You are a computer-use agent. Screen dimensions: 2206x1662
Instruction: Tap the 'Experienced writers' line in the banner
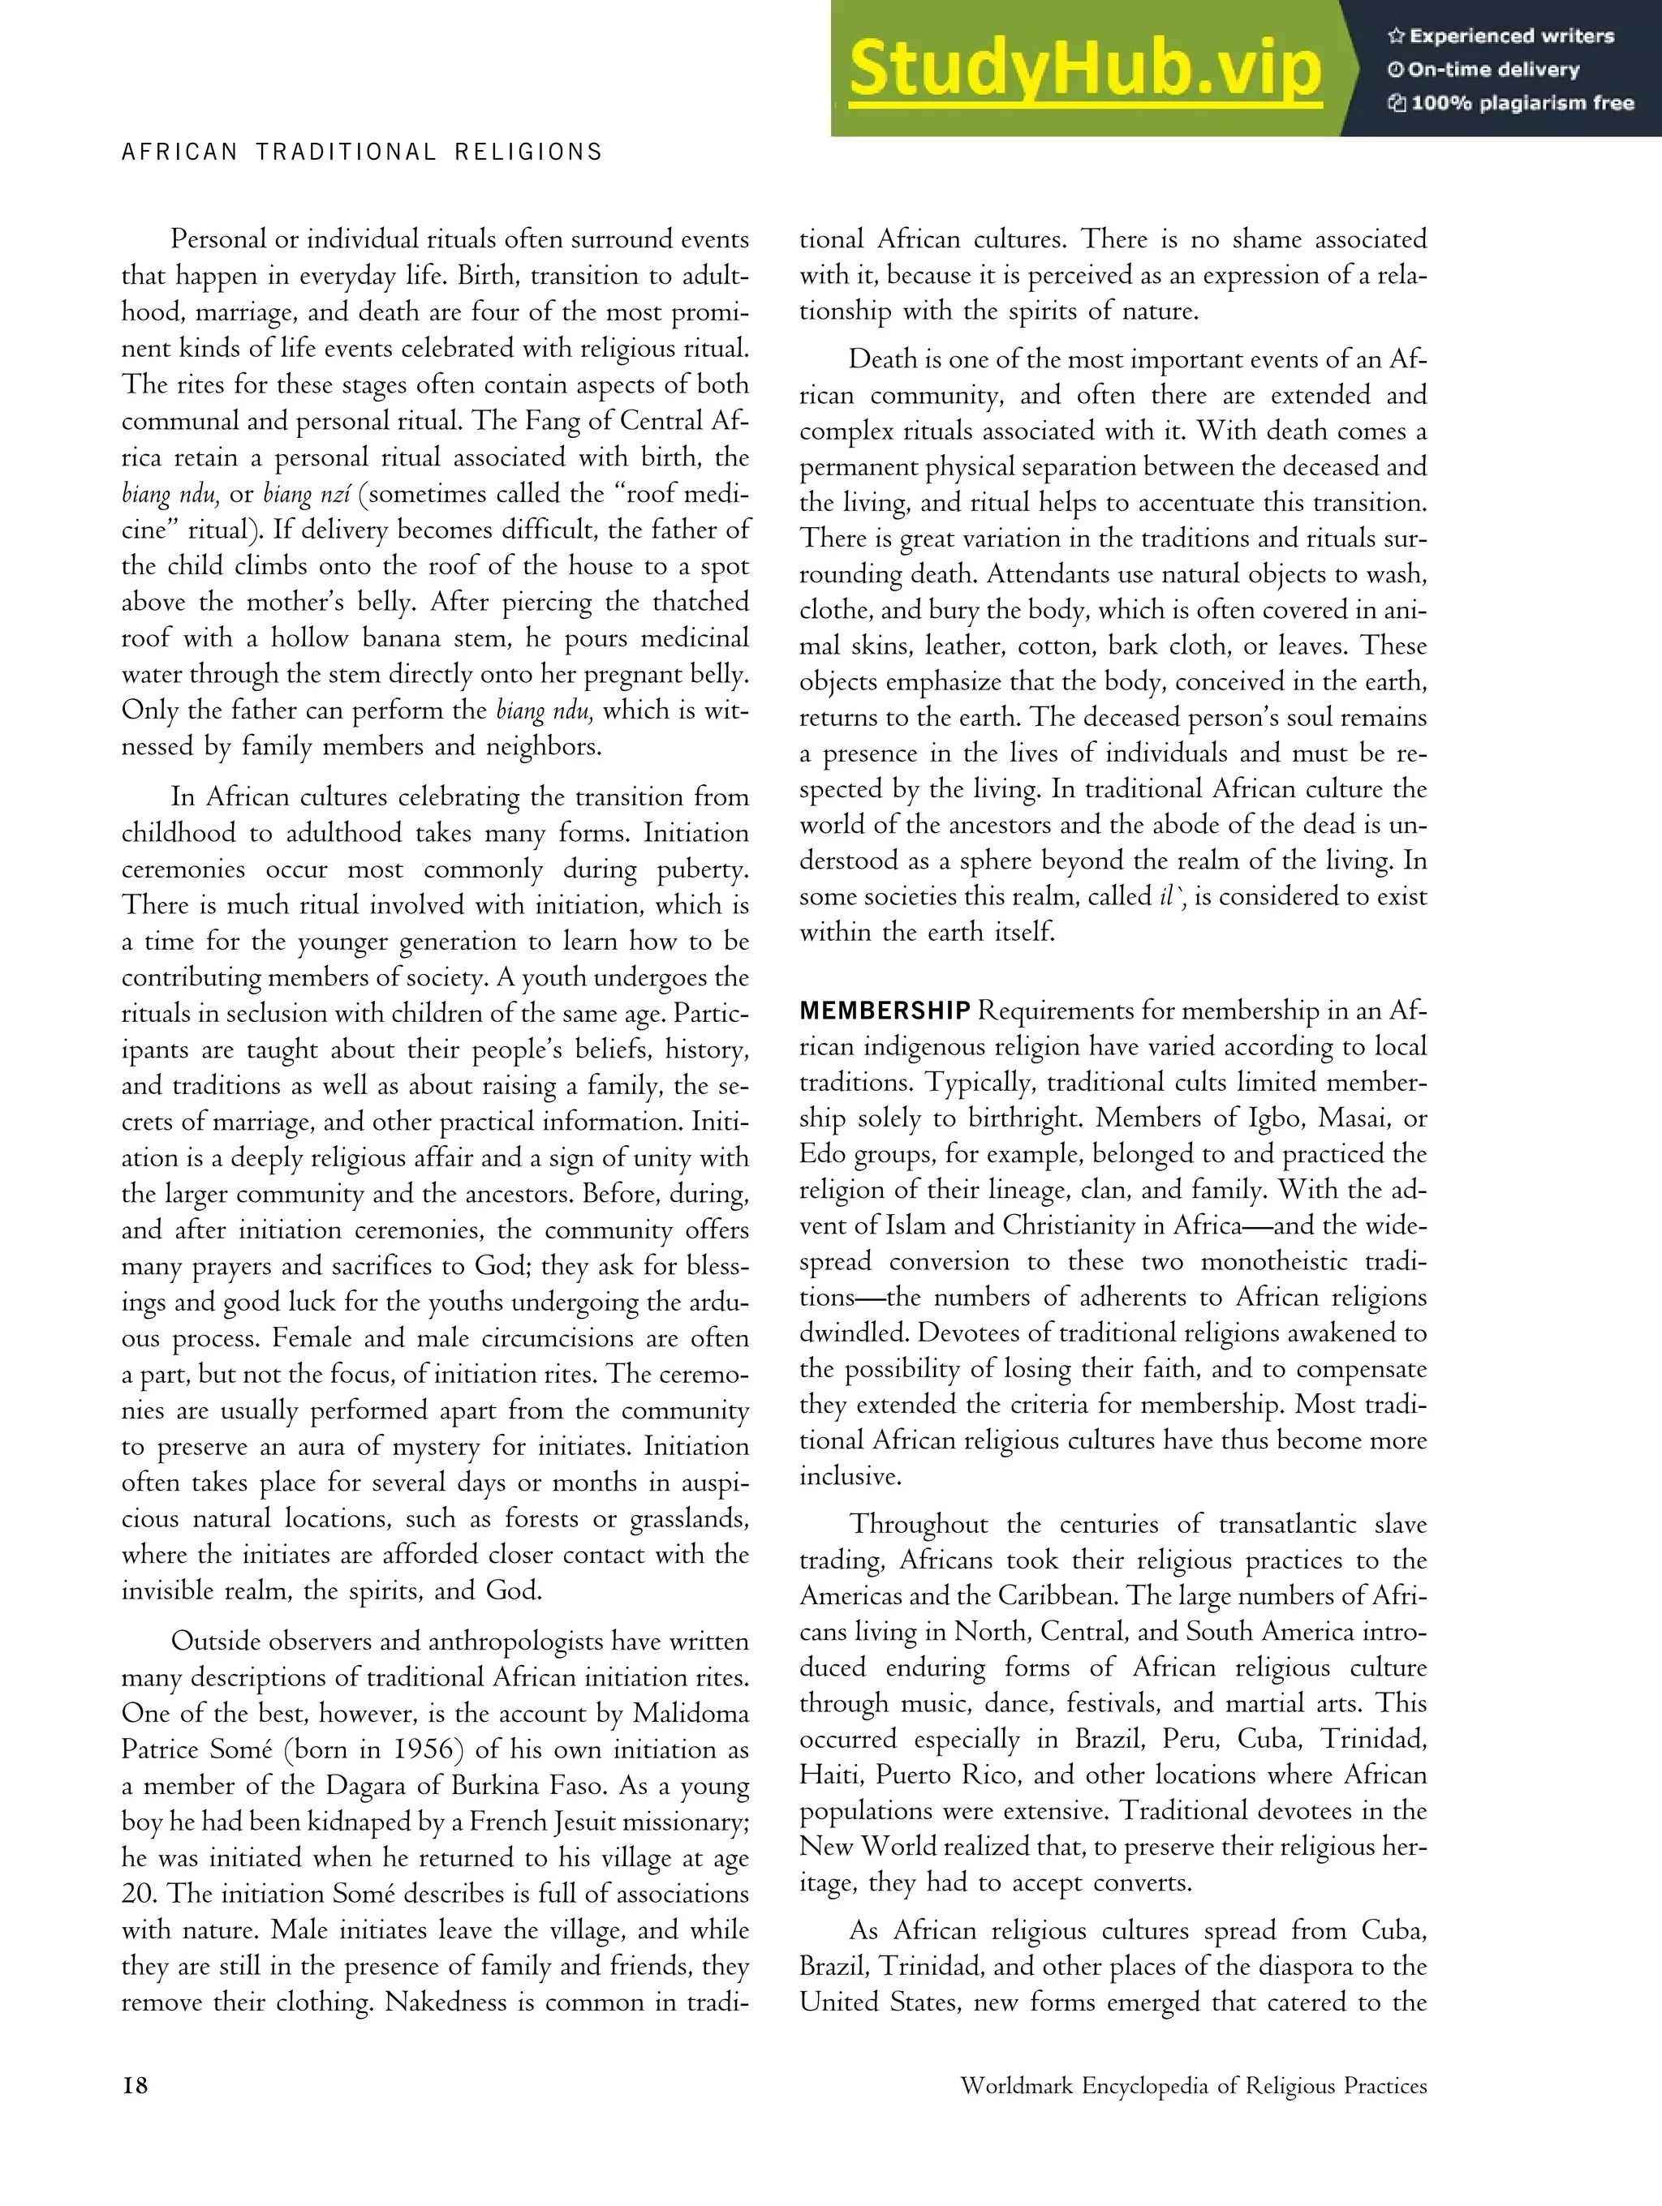click(x=1501, y=36)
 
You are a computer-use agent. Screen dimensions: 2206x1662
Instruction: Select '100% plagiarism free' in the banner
click(x=1511, y=103)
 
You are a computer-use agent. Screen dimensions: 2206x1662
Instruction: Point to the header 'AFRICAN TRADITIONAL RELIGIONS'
click(x=362, y=152)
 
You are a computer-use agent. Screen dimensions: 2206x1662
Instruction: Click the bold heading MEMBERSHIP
click(x=884, y=1011)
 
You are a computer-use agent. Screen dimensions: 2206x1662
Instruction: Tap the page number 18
click(x=135, y=2085)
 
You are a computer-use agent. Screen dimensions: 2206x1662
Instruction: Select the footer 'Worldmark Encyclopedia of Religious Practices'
click(x=1193, y=2085)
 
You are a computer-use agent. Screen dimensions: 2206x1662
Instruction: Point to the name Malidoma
click(x=691, y=1715)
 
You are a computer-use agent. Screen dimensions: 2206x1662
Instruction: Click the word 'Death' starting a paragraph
click(x=881, y=360)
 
